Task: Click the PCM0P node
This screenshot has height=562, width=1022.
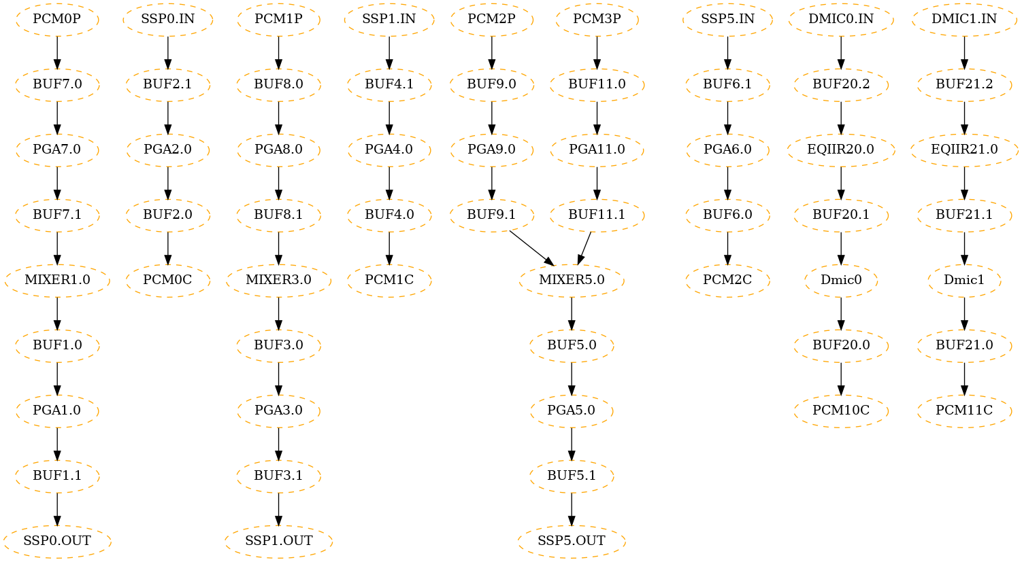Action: click(57, 19)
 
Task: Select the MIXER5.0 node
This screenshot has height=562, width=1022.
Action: click(572, 280)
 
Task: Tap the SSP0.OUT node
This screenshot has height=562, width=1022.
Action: click(57, 541)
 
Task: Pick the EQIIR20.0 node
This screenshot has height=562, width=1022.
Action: click(841, 150)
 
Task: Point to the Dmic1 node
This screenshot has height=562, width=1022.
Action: click(964, 280)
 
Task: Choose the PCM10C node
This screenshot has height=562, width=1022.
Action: click(841, 410)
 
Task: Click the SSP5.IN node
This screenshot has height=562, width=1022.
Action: click(727, 19)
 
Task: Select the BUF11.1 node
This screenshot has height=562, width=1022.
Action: click(597, 215)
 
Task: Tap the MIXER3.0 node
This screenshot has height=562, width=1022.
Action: click(278, 280)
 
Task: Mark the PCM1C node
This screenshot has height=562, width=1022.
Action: click(389, 280)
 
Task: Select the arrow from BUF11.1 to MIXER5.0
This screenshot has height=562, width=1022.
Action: click(584, 247)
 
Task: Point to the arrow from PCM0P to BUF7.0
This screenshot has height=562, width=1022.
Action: click(57, 52)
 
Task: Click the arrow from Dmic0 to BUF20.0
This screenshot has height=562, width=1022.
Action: click(841, 313)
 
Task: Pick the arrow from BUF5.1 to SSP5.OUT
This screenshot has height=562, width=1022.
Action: click(572, 508)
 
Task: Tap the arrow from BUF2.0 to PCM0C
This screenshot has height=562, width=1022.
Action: click(168, 247)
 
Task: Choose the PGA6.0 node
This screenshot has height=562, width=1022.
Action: click(727, 150)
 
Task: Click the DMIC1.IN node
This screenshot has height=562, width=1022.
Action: click(964, 19)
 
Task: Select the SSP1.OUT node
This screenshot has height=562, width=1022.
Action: click(278, 541)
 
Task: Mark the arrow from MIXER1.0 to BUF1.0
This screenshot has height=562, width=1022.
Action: click(57, 313)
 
